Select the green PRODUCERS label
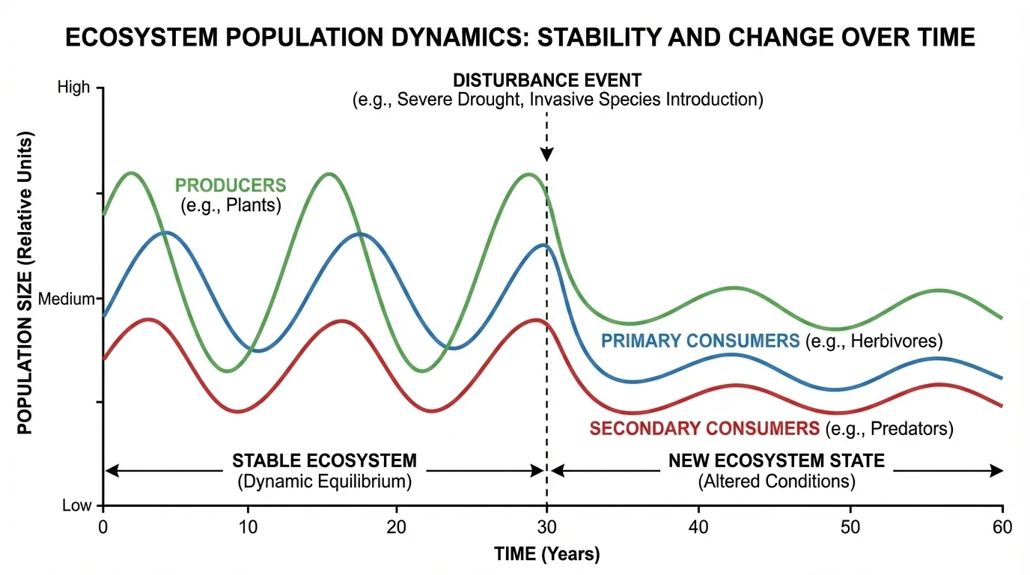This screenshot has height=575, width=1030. [231, 184]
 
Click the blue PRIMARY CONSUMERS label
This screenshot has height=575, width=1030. [701, 341]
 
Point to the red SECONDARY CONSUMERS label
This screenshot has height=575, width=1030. [704, 429]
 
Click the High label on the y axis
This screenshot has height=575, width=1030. [73, 88]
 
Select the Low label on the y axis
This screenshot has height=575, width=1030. [76, 505]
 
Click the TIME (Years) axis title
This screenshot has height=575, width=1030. [546, 555]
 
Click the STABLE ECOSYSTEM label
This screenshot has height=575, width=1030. [324, 460]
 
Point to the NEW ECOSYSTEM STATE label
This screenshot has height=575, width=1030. [776, 460]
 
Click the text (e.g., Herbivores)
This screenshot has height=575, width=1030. [874, 341]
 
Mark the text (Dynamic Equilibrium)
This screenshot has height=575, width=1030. [324, 481]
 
